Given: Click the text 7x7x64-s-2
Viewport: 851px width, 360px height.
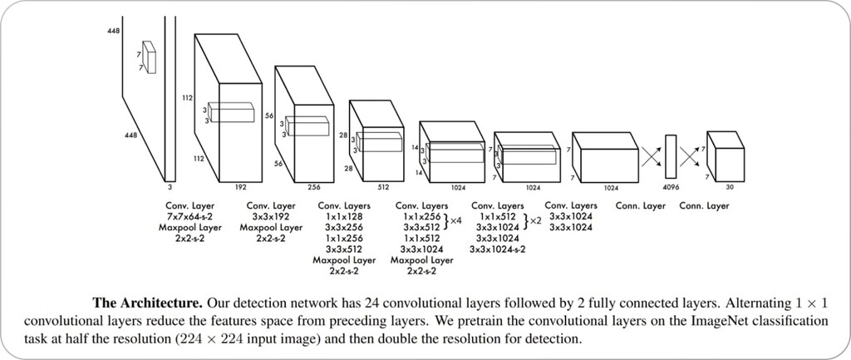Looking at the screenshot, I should click(x=189, y=216).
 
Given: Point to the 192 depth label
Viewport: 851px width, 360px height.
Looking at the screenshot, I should click(x=242, y=187).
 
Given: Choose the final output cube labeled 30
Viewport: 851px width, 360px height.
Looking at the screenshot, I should click(x=724, y=152).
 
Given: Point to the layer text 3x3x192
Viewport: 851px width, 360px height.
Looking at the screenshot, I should click(x=273, y=216).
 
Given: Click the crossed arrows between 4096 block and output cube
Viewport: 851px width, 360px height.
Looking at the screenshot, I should click(x=689, y=155).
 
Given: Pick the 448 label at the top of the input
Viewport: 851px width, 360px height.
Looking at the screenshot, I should click(x=113, y=31).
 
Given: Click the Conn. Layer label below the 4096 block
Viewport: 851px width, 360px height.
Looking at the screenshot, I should click(x=641, y=205).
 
